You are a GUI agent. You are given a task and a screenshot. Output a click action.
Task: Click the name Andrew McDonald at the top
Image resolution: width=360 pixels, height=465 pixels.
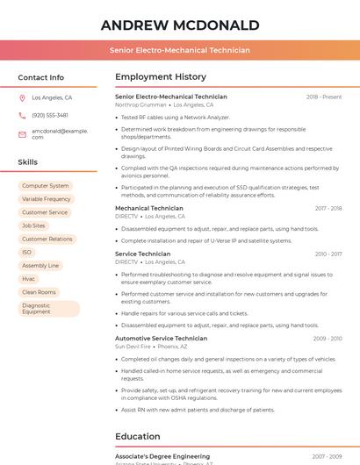pos(180,25)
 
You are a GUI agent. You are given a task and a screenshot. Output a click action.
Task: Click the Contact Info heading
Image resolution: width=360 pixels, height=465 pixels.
pos(40,77)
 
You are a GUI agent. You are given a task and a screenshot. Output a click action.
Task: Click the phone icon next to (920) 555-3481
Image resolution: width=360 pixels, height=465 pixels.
pos(23,115)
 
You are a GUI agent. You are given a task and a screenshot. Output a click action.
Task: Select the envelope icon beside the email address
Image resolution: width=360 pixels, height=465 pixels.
pos(23,133)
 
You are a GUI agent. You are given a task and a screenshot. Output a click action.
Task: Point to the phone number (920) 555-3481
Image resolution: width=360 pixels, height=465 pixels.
pos(50,115)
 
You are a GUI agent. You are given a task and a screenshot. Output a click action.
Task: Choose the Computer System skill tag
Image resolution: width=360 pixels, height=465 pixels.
pos(45,186)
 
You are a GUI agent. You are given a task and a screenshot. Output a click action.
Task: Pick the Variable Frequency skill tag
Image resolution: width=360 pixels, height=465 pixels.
pos(47,199)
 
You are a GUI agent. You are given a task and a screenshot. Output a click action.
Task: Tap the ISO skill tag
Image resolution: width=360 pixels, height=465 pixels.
pos(27,252)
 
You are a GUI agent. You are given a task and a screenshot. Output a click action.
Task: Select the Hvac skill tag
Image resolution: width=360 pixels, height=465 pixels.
pos(29,278)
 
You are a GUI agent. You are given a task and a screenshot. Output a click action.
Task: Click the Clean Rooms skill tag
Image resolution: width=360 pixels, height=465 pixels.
pos(39,291)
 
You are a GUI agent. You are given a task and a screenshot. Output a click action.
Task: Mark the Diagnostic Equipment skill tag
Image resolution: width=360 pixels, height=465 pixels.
pos(48,308)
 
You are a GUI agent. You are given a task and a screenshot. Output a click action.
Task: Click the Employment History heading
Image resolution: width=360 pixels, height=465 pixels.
pos(161,77)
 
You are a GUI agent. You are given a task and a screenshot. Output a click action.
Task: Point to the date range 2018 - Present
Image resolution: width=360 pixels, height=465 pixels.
pos(324,97)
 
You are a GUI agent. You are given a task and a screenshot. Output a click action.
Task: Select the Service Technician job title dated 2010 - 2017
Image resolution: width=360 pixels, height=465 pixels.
pos(143,254)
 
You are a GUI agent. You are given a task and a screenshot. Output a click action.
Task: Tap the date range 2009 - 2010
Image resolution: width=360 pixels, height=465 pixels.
pos(327,339)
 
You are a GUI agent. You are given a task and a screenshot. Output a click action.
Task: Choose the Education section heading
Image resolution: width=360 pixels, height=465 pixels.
pos(138,436)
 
